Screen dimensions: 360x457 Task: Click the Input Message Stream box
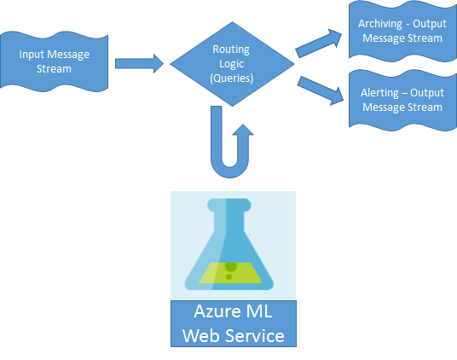point(55,61)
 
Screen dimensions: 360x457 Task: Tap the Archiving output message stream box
point(401,32)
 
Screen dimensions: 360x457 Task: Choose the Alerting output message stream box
point(401,101)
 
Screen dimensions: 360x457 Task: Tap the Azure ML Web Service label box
point(233,323)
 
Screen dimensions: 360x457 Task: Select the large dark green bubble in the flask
point(230,265)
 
